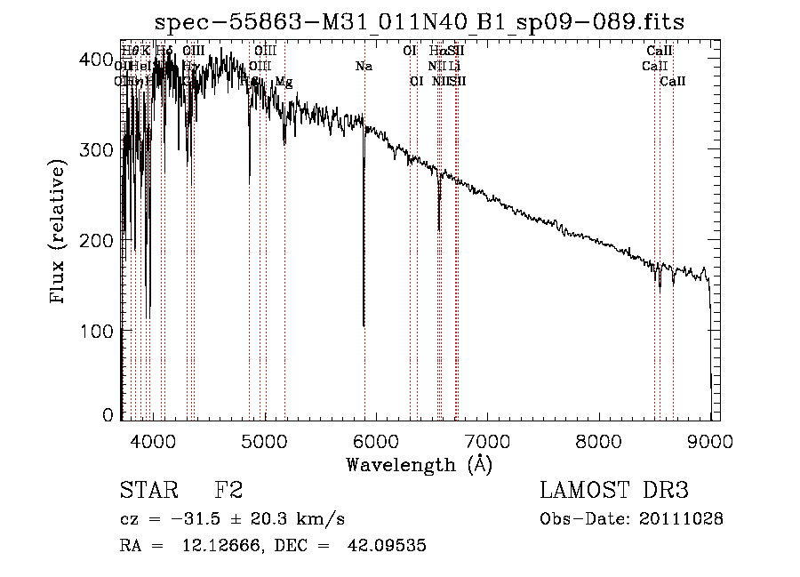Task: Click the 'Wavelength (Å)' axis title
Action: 419,464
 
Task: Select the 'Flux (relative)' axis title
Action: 59,234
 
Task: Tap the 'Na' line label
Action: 363,66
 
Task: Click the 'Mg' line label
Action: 284,81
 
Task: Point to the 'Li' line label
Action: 453,66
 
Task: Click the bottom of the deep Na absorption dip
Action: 364,325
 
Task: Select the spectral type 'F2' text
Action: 228,491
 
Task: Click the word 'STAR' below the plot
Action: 148,491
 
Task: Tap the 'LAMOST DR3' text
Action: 613,491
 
